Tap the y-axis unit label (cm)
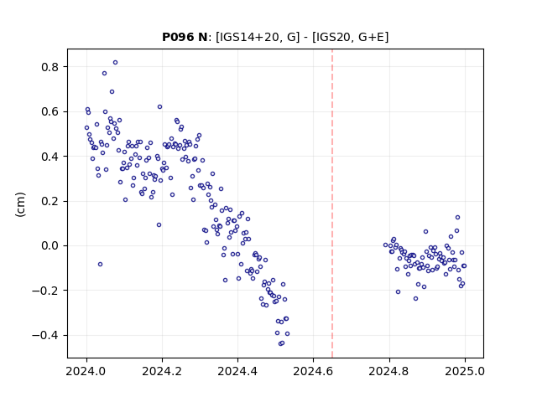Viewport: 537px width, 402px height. (20, 204)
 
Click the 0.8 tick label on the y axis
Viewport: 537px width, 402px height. (50, 67)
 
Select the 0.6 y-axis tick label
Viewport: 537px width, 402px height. (50, 111)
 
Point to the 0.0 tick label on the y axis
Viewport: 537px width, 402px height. (50, 245)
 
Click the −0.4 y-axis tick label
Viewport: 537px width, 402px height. (45, 335)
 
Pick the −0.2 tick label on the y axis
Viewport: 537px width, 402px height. (45, 291)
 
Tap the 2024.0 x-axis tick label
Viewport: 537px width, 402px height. (86, 371)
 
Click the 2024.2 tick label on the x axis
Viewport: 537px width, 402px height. (162, 371)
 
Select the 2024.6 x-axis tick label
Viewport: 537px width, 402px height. (313, 371)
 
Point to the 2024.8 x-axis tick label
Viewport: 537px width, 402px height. (389, 371)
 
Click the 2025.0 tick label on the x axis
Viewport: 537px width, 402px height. (465, 371)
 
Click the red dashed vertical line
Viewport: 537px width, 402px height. (332, 204)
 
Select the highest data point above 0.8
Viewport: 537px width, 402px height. (116, 63)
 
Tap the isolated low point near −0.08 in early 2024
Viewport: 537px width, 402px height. (101, 265)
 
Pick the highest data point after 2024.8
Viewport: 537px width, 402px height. (457, 218)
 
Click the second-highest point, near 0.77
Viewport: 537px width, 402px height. (104, 74)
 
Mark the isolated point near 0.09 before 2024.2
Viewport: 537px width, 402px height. (159, 225)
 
